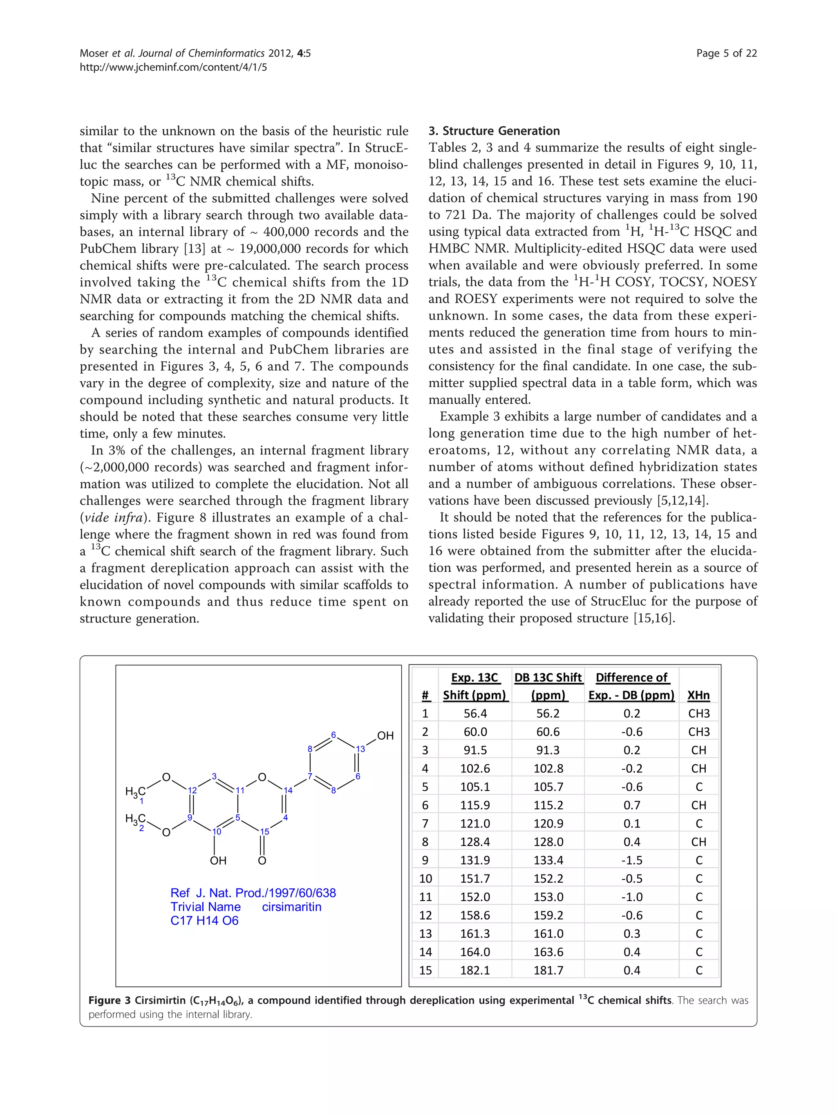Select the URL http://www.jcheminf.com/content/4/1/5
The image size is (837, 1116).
[x=173, y=67]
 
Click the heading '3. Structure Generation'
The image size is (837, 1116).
[x=494, y=131]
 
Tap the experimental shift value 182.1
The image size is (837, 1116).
[x=475, y=970]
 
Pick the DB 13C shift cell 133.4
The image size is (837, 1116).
[x=548, y=860]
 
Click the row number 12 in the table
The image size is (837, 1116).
[x=425, y=915]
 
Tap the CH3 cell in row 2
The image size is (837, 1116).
[x=699, y=732]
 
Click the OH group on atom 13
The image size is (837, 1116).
[x=385, y=736]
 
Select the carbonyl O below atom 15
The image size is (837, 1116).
[x=262, y=861]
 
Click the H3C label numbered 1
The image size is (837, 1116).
[x=135, y=792]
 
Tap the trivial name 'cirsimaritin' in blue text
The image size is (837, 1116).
[x=292, y=907]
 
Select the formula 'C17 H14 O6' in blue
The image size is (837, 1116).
[x=204, y=921]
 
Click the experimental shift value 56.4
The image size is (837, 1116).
[x=475, y=713]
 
